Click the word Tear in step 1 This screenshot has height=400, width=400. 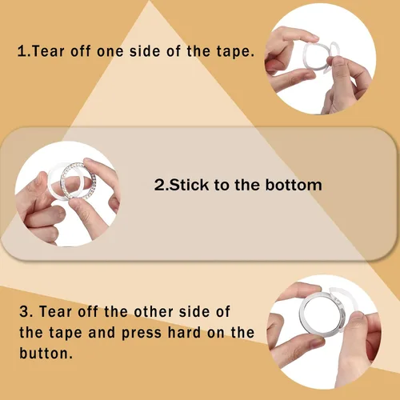[48, 51]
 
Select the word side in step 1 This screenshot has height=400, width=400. [145, 51]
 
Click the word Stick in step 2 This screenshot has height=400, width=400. [189, 185]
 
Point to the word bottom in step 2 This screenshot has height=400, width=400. [294, 185]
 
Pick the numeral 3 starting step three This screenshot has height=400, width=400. [24, 311]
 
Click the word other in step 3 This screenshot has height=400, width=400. [154, 311]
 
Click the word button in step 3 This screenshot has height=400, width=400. [46, 354]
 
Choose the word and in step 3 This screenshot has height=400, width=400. [102, 332]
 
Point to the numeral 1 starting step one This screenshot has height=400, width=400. [22, 51]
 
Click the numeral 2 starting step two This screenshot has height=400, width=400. [159, 185]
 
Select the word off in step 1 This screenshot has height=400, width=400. [80, 51]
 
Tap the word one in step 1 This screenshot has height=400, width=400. [110, 52]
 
